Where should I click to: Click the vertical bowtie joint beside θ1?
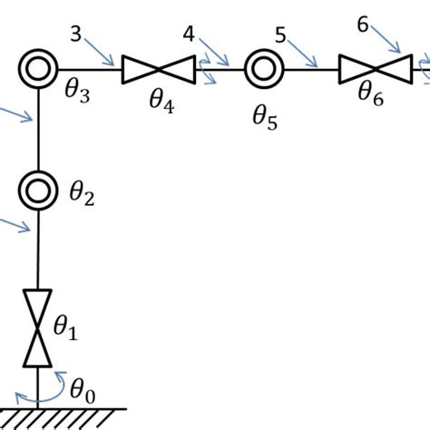(37, 327)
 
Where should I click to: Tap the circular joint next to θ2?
(38, 190)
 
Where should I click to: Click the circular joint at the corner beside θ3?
(38, 67)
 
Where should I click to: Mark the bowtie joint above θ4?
(159, 68)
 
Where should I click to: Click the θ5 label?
(268, 117)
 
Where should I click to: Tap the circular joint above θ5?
(264, 67)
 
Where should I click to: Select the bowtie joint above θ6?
(373, 68)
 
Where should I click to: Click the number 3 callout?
(75, 34)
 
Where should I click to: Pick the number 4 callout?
(188, 34)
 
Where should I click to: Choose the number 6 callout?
(364, 24)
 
